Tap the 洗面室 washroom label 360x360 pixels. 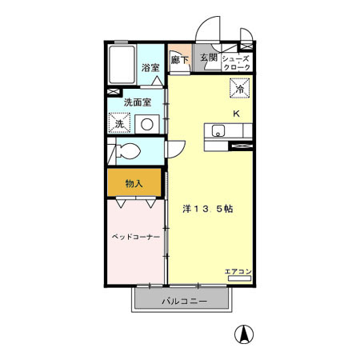137,102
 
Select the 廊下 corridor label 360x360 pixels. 180,59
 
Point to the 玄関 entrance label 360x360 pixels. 209,58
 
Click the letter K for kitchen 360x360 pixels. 236,113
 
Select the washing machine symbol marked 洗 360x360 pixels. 119,123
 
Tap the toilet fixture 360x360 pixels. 127,150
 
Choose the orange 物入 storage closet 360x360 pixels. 134,183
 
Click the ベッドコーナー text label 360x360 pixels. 135,238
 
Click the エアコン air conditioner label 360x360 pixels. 238,273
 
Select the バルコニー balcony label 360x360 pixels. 184,302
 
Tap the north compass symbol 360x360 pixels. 240,335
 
